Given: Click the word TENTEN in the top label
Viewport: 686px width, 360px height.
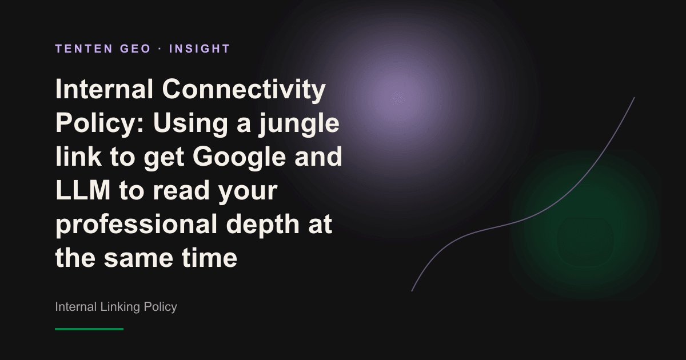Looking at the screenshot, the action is pyautogui.click(x=84, y=49).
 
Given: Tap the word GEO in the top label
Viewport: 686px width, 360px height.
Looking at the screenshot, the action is pyautogui.click(x=135, y=49).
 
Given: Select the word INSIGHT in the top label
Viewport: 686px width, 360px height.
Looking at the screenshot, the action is pyautogui.click(x=200, y=49).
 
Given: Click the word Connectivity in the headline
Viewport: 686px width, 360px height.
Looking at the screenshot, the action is pyautogui.click(x=244, y=89).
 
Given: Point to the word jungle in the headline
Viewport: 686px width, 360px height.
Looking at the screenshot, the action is pyautogui.click(x=299, y=124).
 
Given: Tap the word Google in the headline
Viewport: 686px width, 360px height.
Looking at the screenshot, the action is pyautogui.click(x=240, y=157).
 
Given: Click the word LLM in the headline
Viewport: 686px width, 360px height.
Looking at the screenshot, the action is pyautogui.click(x=83, y=190).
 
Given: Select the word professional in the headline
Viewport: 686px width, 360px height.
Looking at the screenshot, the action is pyautogui.click(x=136, y=225).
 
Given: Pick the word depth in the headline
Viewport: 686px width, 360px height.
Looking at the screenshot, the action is pyautogui.click(x=263, y=225).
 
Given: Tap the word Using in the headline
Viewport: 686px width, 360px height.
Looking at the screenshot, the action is pyautogui.click(x=190, y=124).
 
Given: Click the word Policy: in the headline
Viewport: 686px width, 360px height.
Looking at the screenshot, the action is pyautogui.click(x=99, y=124).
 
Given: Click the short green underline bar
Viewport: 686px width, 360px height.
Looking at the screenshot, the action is pyautogui.click(x=89, y=329).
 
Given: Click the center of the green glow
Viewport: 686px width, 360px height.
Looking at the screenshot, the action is pyautogui.click(x=585, y=225).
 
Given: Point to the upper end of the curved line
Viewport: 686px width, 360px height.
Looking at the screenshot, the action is pyautogui.click(x=634, y=98).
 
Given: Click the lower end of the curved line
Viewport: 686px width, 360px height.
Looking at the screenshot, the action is pyautogui.click(x=412, y=291).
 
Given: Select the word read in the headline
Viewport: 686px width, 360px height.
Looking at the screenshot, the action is pyautogui.click(x=181, y=190).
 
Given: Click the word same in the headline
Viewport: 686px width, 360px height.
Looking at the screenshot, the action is pyautogui.click(x=138, y=258).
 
